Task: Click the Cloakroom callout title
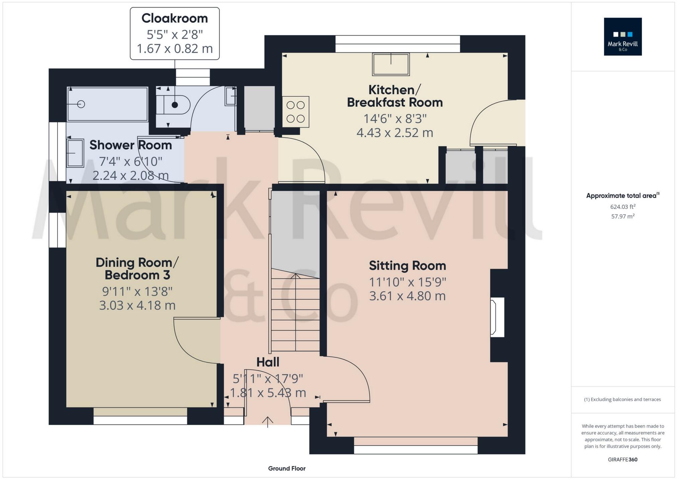click(x=175, y=18)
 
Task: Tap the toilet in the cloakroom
click(x=174, y=105)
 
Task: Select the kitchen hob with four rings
click(x=296, y=112)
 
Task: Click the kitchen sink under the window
click(x=391, y=64)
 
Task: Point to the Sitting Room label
click(x=407, y=266)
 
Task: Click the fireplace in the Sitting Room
click(x=497, y=317)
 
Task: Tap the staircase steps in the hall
click(x=295, y=314)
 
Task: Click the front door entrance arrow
click(x=267, y=421)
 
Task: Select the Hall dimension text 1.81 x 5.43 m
click(x=268, y=393)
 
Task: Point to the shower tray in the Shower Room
click(x=107, y=104)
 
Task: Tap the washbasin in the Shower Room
click(x=75, y=153)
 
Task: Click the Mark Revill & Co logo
click(x=622, y=36)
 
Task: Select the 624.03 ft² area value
click(x=622, y=207)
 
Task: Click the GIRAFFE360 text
click(x=622, y=459)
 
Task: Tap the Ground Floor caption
click(x=287, y=468)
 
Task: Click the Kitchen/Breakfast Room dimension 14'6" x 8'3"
click(x=395, y=119)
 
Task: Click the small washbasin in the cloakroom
click(x=230, y=96)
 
